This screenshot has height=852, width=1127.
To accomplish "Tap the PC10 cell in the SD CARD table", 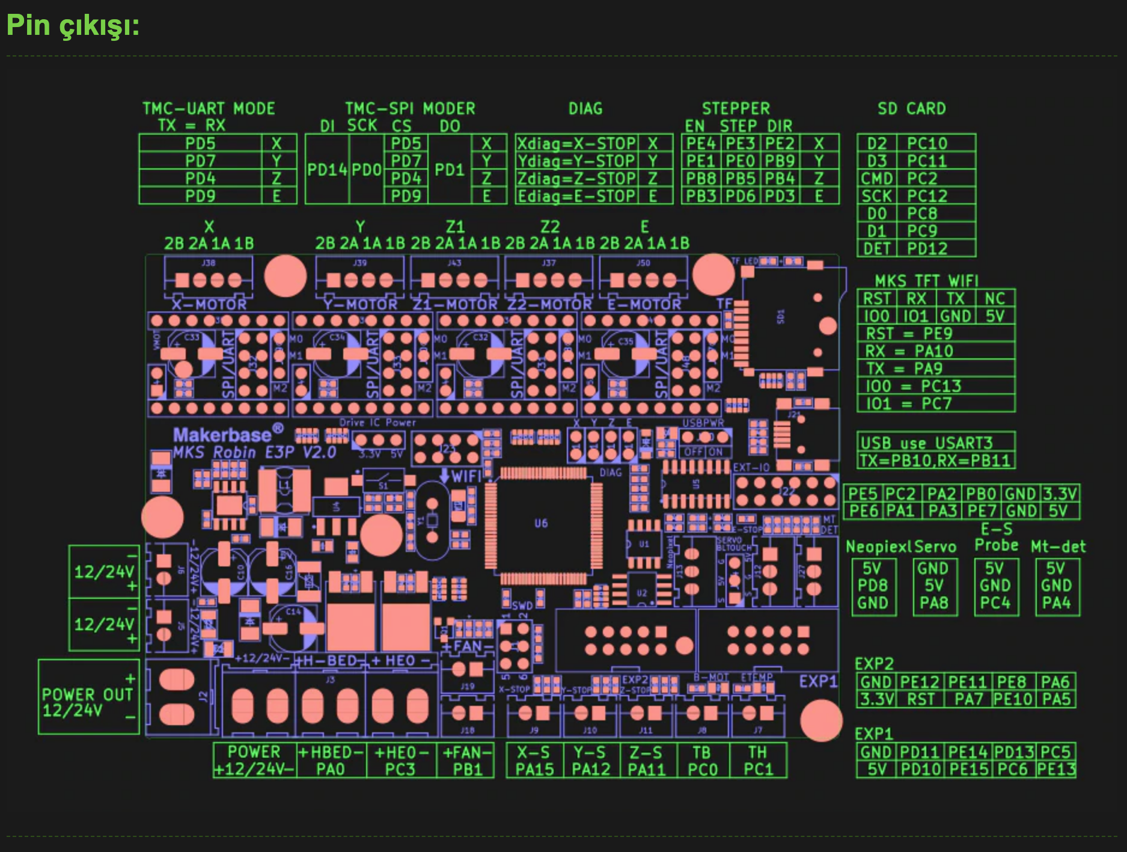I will (x=927, y=144).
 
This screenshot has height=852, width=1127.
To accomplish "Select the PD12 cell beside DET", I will (x=927, y=248).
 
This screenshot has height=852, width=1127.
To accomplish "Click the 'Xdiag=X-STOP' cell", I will (x=576, y=144).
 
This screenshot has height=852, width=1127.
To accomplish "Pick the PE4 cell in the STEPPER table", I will (x=701, y=144).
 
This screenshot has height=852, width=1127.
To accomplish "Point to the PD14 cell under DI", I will (x=327, y=170).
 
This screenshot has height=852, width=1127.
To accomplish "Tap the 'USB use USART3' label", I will (x=926, y=443).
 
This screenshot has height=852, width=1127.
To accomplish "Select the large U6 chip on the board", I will (x=541, y=523).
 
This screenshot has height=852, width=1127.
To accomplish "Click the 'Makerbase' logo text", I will (x=222, y=435).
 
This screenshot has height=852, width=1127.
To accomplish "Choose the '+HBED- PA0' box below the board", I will (x=331, y=761).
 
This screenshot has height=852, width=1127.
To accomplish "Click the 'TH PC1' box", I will (x=757, y=761).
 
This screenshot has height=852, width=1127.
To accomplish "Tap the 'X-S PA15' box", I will (x=534, y=761).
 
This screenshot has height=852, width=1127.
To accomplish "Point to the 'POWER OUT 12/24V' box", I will (x=88, y=702).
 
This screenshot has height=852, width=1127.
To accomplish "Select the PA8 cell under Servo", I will (x=933, y=602).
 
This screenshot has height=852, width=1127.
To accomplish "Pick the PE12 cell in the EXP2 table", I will (x=919, y=682).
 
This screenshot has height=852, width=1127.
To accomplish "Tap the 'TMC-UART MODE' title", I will (x=209, y=109).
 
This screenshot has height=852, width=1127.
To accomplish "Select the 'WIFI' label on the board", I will (x=466, y=476).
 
